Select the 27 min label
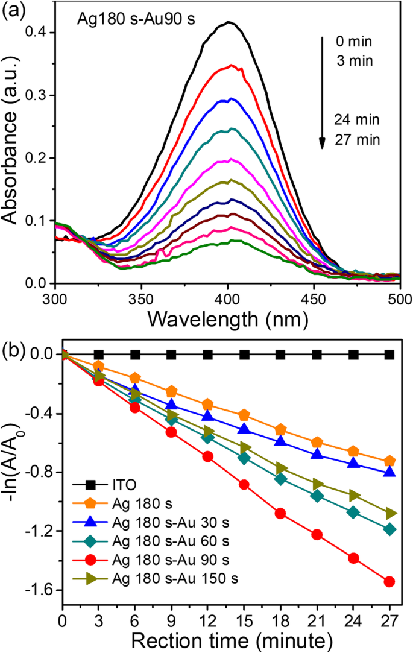(x=359, y=140)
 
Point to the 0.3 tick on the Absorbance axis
(x=37, y=95)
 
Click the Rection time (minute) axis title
(x=227, y=640)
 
